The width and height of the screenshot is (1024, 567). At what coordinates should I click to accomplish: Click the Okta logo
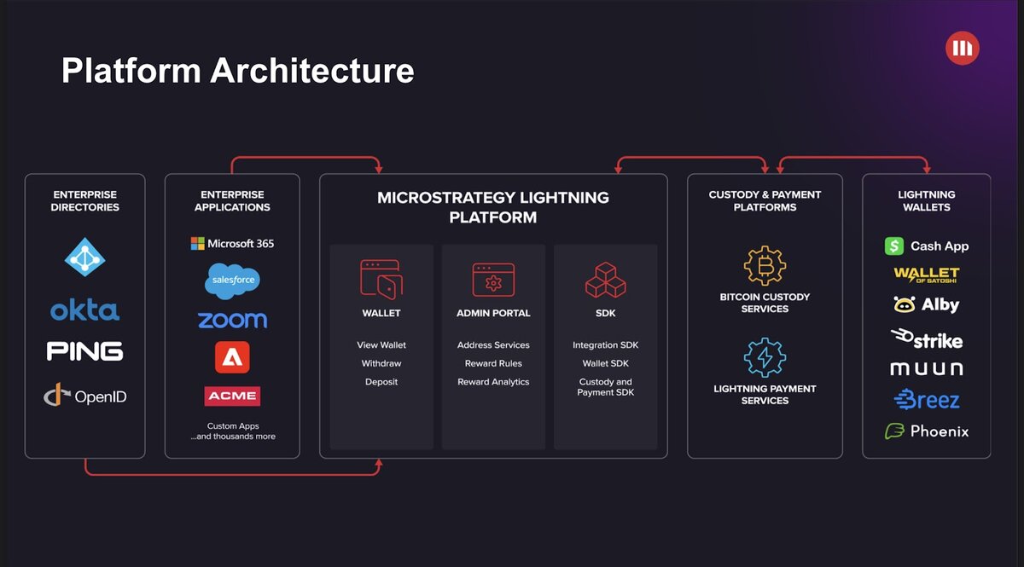pos(84,310)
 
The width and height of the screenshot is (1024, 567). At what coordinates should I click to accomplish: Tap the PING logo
pos(84,351)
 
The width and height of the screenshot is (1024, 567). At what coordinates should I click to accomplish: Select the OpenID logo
pos(85,396)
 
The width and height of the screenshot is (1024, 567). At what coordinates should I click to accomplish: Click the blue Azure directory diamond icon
pos(85,257)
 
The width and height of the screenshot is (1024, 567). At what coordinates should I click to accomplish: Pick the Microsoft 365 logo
pos(232,244)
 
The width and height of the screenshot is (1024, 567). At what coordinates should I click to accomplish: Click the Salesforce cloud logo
pos(232,281)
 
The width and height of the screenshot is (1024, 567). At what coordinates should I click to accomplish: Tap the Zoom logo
pos(232,320)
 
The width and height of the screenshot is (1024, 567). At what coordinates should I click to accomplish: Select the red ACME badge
pos(232,396)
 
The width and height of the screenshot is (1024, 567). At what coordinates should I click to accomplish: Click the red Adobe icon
pos(232,357)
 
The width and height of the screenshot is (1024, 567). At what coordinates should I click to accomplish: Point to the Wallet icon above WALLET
pos(381,280)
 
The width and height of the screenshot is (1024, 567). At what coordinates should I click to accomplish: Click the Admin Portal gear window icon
pos(493,280)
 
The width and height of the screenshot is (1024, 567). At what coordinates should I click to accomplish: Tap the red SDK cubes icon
pos(606,280)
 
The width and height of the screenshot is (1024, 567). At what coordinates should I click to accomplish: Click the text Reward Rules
pos(493,364)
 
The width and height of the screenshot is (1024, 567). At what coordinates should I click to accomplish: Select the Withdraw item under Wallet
pos(381,364)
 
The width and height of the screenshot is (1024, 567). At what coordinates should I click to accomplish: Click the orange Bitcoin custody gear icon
pos(765,265)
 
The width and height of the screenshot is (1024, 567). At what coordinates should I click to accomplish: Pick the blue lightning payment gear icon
pos(765,357)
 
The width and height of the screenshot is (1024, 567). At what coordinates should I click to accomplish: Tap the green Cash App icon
pos(894,246)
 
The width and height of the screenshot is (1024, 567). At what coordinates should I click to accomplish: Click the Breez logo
pos(927,399)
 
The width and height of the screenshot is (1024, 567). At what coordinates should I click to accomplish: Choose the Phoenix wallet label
pos(940,431)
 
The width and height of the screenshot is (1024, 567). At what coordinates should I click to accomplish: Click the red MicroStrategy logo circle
pos(963,48)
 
